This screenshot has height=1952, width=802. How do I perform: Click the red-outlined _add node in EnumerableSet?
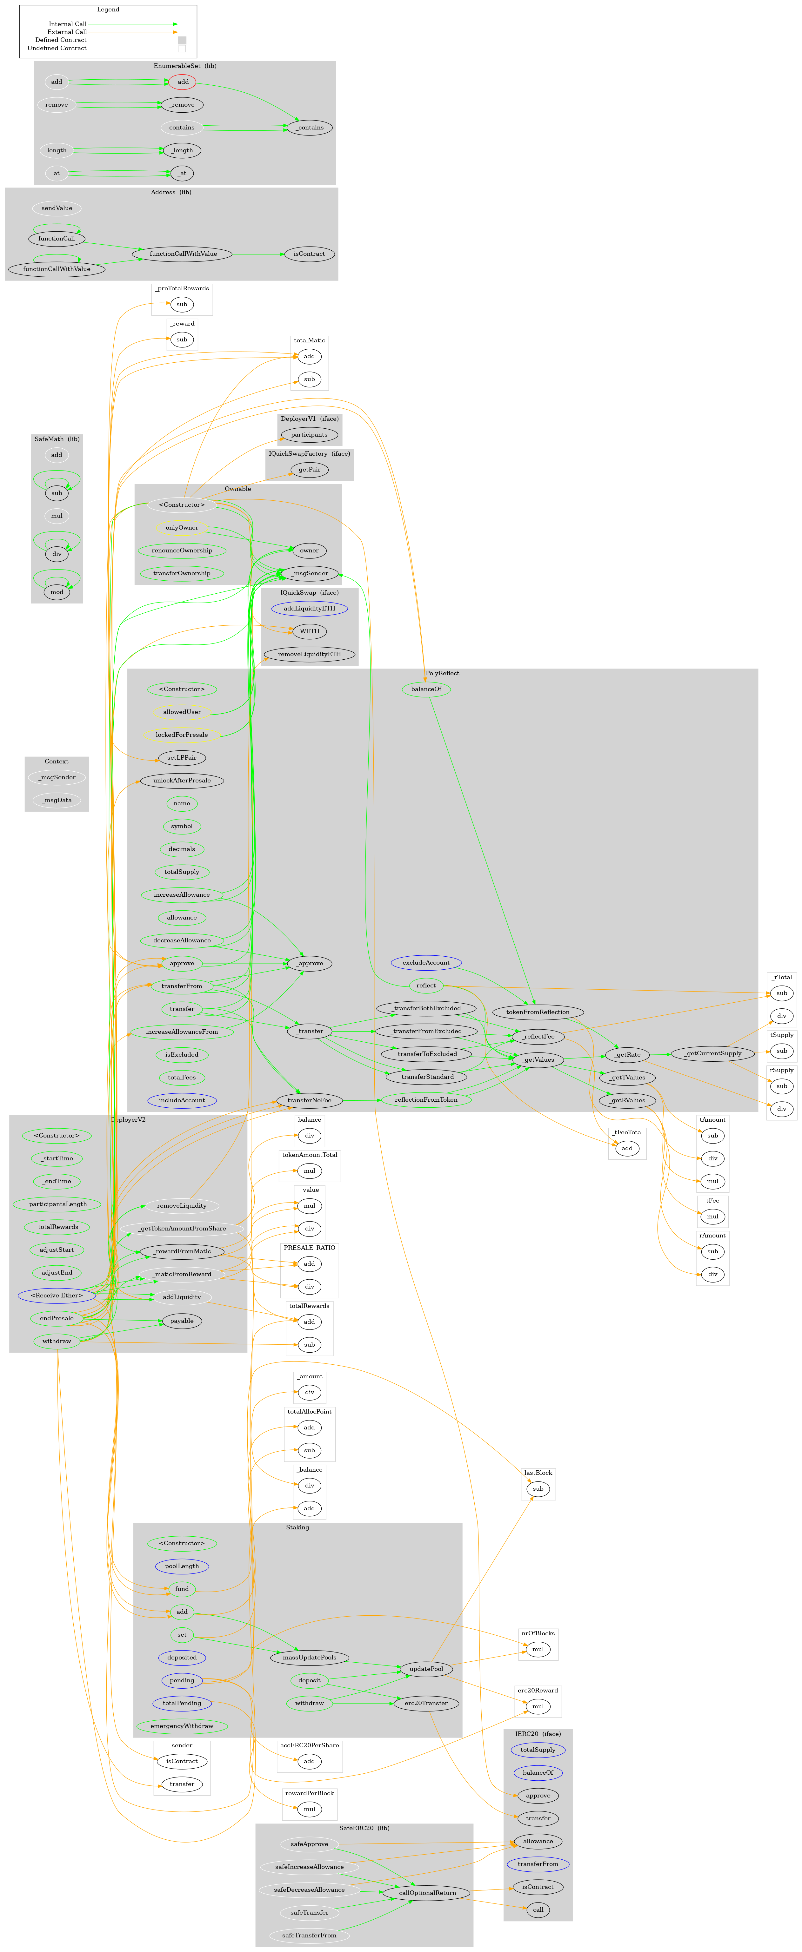pyautogui.click(x=182, y=82)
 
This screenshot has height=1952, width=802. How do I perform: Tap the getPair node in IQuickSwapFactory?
pyautogui.click(x=309, y=470)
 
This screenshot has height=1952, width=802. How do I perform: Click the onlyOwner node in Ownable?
pyautogui.click(x=182, y=527)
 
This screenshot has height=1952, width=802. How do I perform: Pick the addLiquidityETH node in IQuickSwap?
pyautogui.click(x=309, y=609)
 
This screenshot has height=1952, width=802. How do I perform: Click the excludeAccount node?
pyautogui.click(x=426, y=962)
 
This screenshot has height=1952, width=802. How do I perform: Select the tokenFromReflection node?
pyautogui.click(x=538, y=1012)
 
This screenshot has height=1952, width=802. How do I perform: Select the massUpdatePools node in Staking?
pyautogui.click(x=309, y=1657)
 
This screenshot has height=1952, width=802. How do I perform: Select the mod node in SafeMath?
pyautogui.click(x=57, y=592)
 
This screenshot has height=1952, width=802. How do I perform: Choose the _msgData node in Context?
pyautogui.click(x=57, y=800)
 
